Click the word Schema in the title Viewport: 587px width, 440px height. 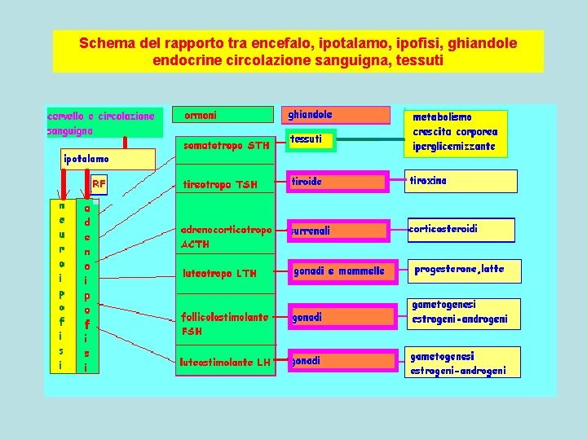104,43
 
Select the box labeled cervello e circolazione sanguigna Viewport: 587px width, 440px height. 104,123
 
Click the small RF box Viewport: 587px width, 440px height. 99,185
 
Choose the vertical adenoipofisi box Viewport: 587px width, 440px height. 87,285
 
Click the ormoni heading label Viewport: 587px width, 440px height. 201,116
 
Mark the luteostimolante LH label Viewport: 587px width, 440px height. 225,362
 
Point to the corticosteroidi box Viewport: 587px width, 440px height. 461,231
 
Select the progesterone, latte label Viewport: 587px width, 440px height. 459,269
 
